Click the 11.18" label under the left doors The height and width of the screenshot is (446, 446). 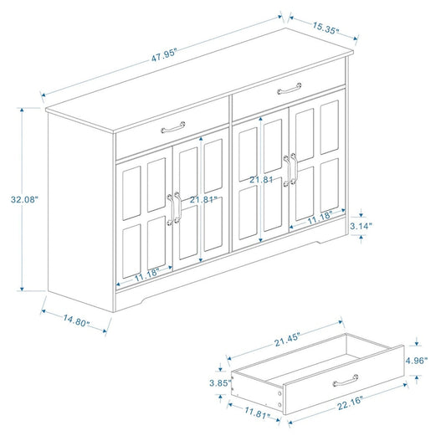point(147,272)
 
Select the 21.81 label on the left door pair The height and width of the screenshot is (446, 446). point(204,200)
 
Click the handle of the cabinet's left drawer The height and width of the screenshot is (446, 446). point(173,127)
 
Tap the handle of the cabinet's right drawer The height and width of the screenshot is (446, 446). point(290,88)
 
